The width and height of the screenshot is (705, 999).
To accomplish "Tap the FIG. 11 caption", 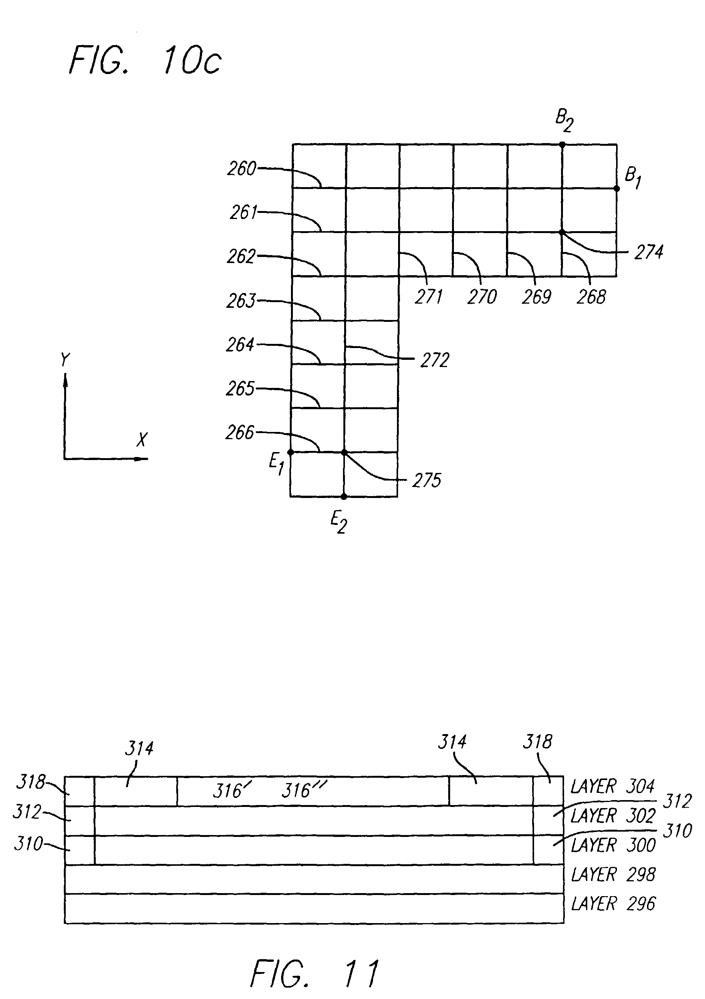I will (315, 973).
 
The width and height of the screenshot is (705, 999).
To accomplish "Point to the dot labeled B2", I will (562, 144).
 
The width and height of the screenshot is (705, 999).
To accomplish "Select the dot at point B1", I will (616, 188).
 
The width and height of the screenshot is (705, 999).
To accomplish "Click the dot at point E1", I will (291, 452).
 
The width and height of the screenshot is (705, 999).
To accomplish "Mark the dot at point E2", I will (344, 496).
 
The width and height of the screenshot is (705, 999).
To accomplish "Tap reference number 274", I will (648, 252).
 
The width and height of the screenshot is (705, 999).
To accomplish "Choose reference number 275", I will (427, 481).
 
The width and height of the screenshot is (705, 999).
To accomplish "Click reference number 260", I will (242, 169).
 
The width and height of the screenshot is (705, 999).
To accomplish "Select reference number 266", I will (240, 432).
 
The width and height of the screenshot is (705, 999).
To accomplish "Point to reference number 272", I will (435, 360).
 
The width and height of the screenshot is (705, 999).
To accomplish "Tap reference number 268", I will (591, 297).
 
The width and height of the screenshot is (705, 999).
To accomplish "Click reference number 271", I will (428, 297).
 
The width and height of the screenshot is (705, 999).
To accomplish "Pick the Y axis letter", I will (65, 360).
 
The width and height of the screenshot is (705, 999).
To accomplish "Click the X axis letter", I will (142, 440).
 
